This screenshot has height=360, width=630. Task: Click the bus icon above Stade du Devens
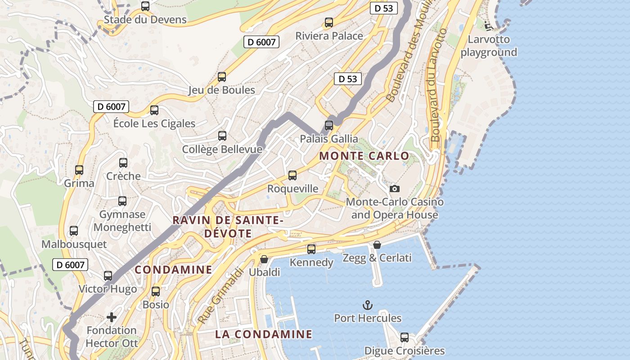[145, 6]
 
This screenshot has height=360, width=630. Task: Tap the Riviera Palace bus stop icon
[329, 22]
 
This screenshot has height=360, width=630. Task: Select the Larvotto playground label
[489, 46]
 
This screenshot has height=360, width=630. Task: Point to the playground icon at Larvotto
[489, 26]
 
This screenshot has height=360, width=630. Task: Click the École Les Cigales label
[154, 123]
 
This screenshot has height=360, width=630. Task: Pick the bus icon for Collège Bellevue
[222, 135]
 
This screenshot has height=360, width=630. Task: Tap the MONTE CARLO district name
[364, 156]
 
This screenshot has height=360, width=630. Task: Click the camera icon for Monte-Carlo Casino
[395, 189]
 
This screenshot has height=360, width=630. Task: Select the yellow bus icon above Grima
[79, 170]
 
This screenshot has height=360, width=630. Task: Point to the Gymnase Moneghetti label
[122, 221]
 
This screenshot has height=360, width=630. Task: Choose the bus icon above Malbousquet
[74, 231]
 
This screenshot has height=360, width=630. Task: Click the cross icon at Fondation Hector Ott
[111, 317]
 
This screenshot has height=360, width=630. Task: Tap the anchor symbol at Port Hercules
[368, 305]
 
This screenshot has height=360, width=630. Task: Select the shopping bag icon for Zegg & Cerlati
[377, 245]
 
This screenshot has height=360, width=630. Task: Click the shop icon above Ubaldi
[264, 259]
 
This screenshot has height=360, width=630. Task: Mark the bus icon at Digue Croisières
[405, 337]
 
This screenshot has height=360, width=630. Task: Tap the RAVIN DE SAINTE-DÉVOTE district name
[228, 227]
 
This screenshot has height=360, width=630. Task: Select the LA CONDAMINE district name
[263, 334]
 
